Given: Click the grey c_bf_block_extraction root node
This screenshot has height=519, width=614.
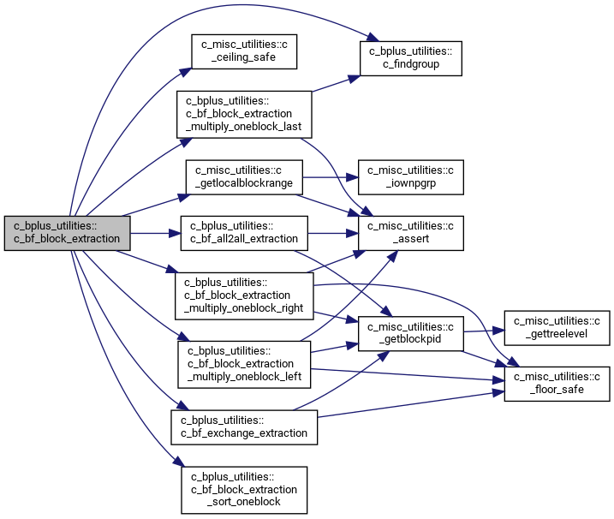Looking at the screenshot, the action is (x=68, y=233).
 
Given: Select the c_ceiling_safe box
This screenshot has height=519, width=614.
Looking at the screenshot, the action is (x=244, y=51).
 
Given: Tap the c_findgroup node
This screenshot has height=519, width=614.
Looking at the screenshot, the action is (x=411, y=58).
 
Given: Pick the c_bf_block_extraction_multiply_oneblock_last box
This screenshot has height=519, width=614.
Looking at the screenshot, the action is (x=244, y=115).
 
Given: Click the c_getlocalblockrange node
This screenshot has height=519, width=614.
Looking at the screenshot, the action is (x=244, y=177).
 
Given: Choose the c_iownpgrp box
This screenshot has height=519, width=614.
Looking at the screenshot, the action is (x=411, y=177).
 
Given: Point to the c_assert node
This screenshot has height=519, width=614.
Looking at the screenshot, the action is (x=411, y=233).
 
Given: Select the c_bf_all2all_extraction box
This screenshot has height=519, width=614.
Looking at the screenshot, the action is (x=244, y=233).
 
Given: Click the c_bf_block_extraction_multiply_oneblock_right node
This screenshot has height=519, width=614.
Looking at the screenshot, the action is (x=244, y=295).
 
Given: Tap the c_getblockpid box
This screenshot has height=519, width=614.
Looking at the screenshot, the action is (x=411, y=333).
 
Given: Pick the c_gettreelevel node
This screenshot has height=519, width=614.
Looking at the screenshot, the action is (x=557, y=328).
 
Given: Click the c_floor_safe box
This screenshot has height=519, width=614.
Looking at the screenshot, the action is (x=557, y=384).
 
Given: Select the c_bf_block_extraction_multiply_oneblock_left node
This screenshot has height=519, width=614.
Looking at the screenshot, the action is (x=244, y=365).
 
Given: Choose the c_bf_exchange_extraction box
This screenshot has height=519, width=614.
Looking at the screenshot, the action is (x=244, y=427).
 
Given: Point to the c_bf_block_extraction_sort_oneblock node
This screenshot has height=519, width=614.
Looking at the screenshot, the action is (x=244, y=490).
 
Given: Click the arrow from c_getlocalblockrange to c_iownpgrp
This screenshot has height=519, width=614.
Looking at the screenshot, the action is (x=331, y=177).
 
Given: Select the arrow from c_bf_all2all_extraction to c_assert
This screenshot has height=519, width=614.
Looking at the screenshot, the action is (x=333, y=233).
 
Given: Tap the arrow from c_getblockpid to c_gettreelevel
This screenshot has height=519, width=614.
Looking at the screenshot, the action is (x=484, y=331).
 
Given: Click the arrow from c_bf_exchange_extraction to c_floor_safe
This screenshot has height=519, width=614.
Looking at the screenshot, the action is (x=411, y=404).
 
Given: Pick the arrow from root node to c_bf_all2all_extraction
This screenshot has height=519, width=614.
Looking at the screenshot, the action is (x=156, y=233).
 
